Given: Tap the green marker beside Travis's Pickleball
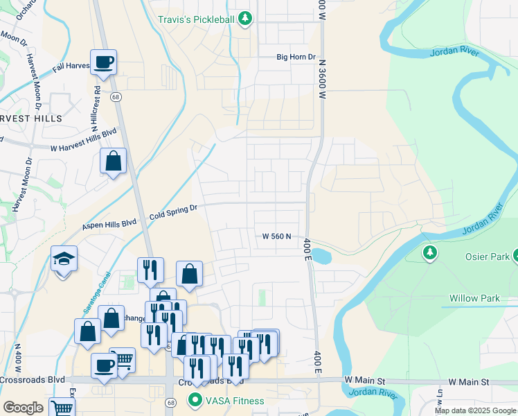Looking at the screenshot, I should [244, 19].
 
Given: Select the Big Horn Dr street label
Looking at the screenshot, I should [296, 58].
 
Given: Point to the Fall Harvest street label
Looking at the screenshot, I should [71, 67].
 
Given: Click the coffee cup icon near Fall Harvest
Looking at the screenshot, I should [103, 62].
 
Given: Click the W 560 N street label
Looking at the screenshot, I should [276, 236].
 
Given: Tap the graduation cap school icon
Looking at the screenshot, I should [64, 259].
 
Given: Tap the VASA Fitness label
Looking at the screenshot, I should [233, 401].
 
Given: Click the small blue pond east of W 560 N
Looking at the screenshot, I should [322, 257].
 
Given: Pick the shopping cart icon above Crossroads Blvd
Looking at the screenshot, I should [122, 360].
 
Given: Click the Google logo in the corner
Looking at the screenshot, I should [23, 408].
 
